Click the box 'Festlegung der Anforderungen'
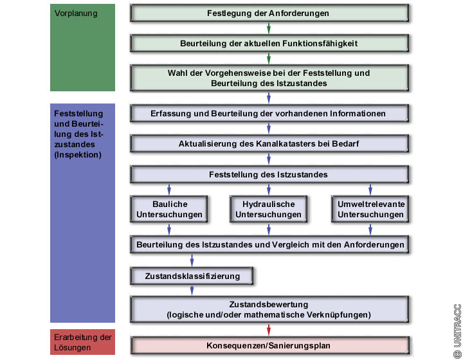(269, 13)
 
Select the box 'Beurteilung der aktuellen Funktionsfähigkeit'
(269, 43)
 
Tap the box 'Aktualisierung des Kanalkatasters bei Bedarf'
(269, 143)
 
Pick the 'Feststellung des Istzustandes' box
(269, 174)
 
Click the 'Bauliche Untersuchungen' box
(169, 210)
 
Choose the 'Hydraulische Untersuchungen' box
(269, 210)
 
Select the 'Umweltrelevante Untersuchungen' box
(370, 210)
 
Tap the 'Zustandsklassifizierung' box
(192, 276)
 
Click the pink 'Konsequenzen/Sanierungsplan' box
(269, 345)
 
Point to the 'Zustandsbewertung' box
(269, 309)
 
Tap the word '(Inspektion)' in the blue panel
(79, 155)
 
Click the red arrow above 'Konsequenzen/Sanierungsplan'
(269, 329)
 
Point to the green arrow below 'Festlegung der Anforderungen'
(269, 28)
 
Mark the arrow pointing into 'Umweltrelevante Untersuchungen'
(370, 190)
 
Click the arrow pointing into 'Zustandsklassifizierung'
(192, 260)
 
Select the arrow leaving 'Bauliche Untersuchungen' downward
(169, 229)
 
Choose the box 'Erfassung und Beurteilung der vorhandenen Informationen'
(269, 113)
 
